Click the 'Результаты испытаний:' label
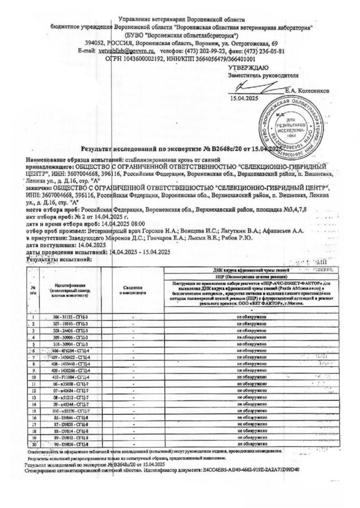coord(59,259)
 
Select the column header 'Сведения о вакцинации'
coord(134,290)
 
